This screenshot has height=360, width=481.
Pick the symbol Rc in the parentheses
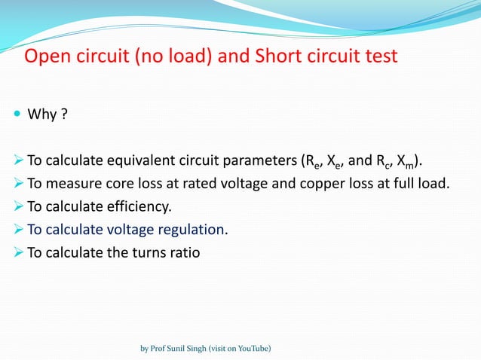[378, 160]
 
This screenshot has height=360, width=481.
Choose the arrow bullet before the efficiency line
[18, 206]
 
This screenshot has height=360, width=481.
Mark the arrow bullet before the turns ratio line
[18, 252]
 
